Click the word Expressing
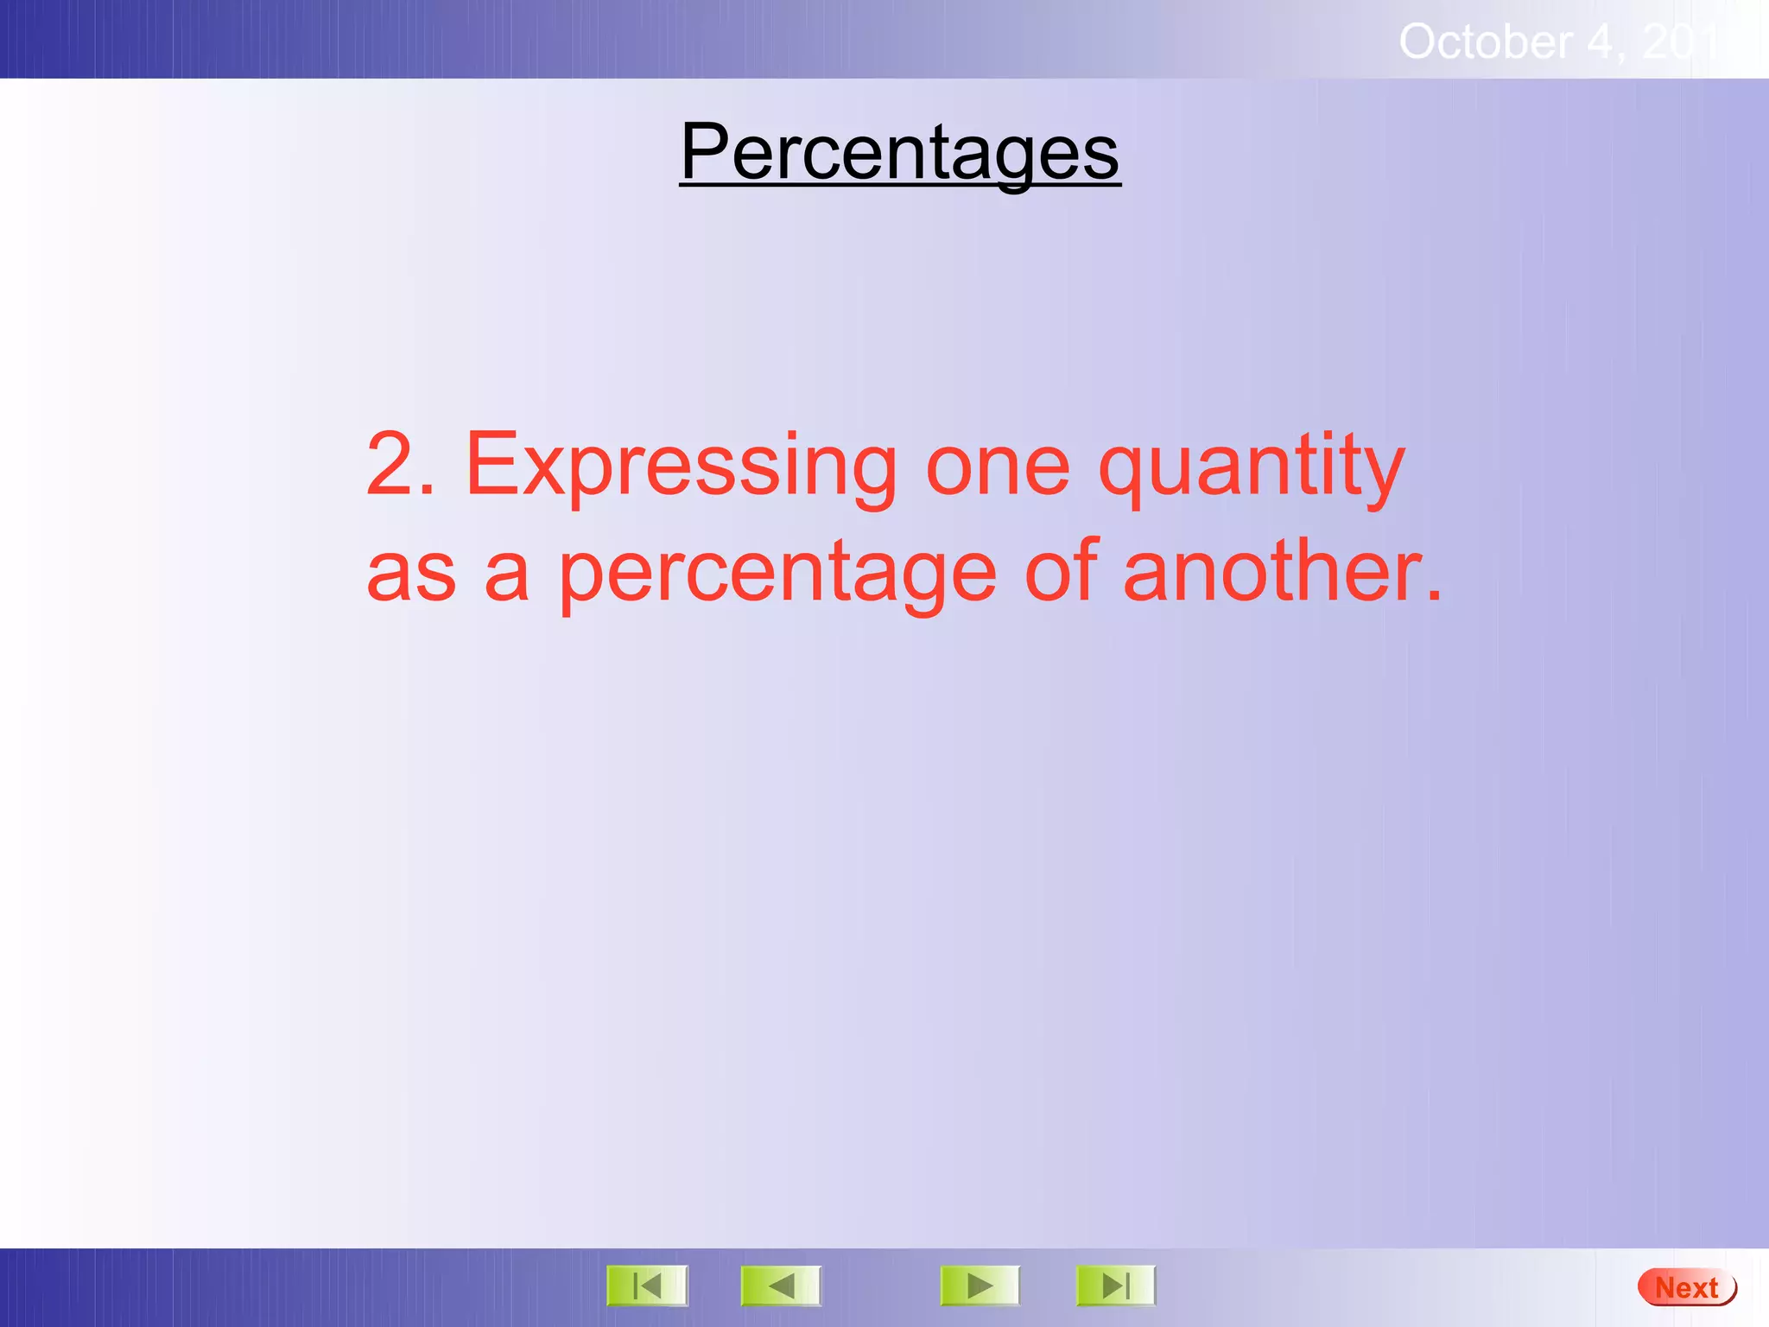[681, 467]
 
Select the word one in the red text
[998, 467]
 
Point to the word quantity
[1251, 467]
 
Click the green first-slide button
[647, 1286]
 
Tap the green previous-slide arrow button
[781, 1286]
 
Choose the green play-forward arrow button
[980, 1286]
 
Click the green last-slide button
[1115, 1286]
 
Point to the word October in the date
[1485, 41]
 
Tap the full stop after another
[1433, 596]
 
